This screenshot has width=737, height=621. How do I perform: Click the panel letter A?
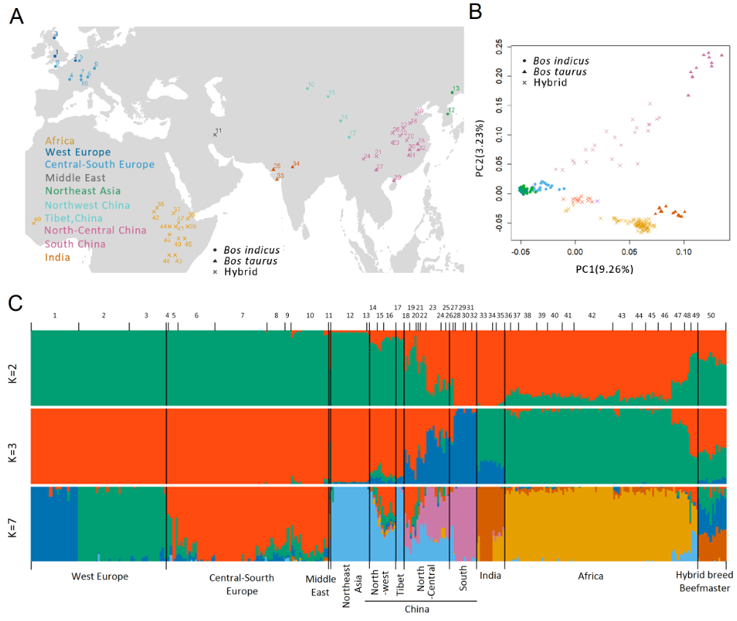pyautogui.click(x=15, y=17)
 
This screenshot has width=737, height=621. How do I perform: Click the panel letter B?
pyautogui.click(x=475, y=12)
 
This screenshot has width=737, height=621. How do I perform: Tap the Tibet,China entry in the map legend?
pyautogui.click(x=74, y=218)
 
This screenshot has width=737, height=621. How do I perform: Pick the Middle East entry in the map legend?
pyautogui.click(x=75, y=178)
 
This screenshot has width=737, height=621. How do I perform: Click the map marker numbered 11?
pyautogui.click(x=215, y=135)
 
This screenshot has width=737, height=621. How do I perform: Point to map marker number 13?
pyautogui.click(x=452, y=92)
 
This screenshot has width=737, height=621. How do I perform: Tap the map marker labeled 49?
pyautogui.click(x=34, y=222)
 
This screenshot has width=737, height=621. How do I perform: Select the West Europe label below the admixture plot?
pyautogui.click(x=99, y=576)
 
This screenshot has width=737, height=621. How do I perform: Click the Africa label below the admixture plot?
pyautogui.click(x=591, y=576)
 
